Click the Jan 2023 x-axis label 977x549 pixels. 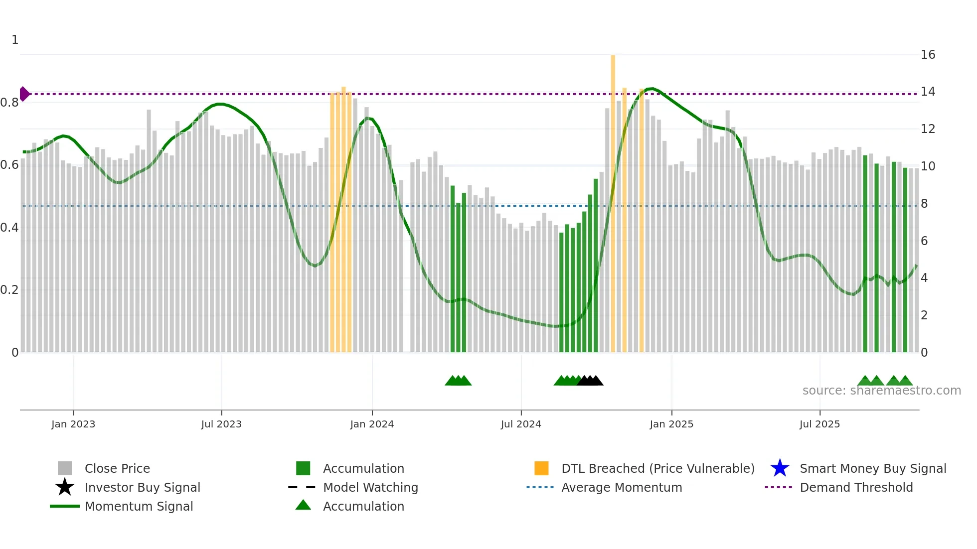(x=73, y=424)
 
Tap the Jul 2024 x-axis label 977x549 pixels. (x=521, y=424)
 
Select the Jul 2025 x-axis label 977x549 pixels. (x=819, y=424)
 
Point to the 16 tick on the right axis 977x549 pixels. (x=928, y=55)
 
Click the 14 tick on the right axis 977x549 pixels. (x=928, y=92)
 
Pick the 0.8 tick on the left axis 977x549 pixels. (x=9, y=103)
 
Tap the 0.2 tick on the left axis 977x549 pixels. (x=9, y=290)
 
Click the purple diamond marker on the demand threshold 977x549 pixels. (x=24, y=94)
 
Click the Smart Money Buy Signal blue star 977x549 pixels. (x=780, y=468)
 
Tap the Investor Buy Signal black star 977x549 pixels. (x=65, y=487)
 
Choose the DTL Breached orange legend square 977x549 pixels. (x=541, y=468)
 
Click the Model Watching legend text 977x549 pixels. (x=370, y=487)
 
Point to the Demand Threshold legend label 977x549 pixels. (x=856, y=487)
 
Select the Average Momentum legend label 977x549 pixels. (x=622, y=487)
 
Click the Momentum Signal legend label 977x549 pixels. (x=139, y=506)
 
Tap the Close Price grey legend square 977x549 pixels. (x=65, y=468)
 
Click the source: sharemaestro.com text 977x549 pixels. (x=881, y=391)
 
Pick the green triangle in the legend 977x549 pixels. (x=303, y=505)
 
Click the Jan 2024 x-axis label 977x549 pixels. (x=372, y=424)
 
